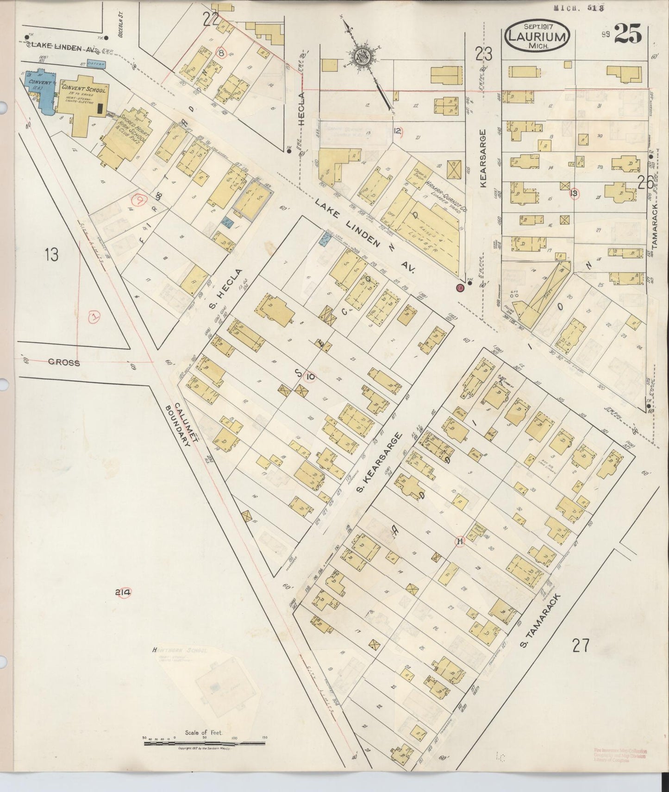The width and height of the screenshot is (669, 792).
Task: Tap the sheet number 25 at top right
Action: [628, 34]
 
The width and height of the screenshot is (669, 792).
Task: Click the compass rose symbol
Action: [360, 57]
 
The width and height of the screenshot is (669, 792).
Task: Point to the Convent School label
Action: [83, 88]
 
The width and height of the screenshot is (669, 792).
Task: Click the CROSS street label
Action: [64, 363]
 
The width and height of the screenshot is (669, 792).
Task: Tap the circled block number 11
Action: [460, 541]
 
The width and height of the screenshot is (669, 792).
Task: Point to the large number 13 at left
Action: [51, 254]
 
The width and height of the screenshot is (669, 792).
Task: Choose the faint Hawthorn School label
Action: [180, 650]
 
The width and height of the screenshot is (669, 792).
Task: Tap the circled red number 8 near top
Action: [222, 53]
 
